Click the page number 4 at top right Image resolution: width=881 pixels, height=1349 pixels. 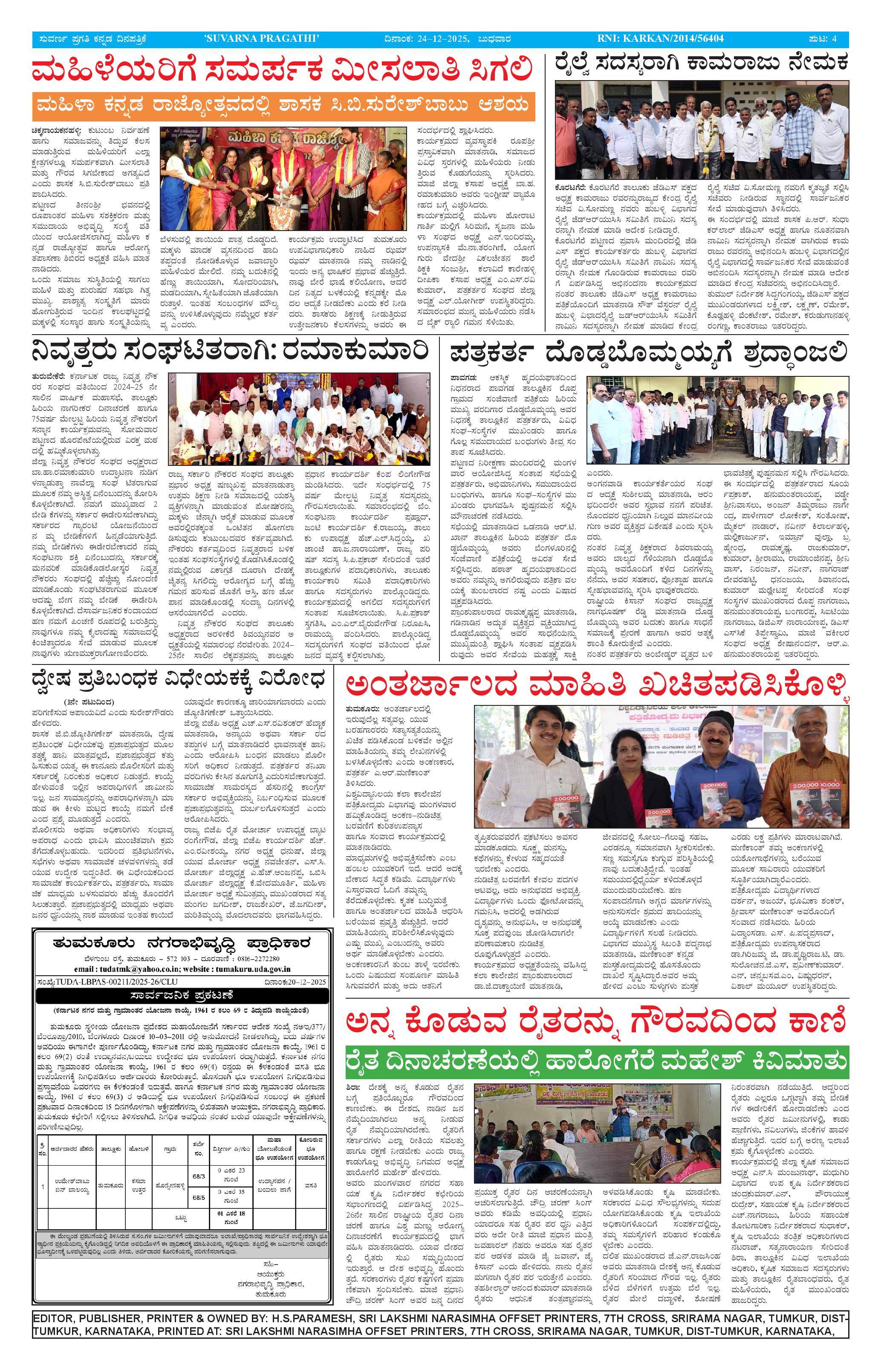(x=833, y=38)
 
